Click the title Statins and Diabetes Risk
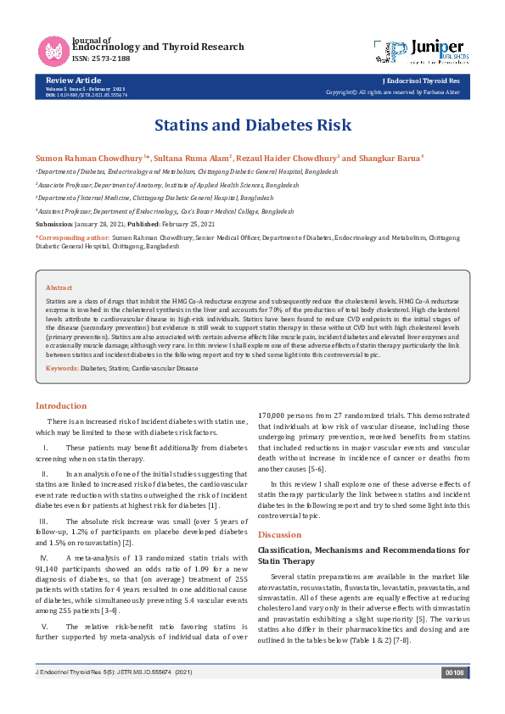point(252,126)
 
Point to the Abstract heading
point(59,288)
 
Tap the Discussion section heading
point(279,534)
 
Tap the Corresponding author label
point(73,239)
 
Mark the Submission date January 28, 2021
point(100,223)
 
